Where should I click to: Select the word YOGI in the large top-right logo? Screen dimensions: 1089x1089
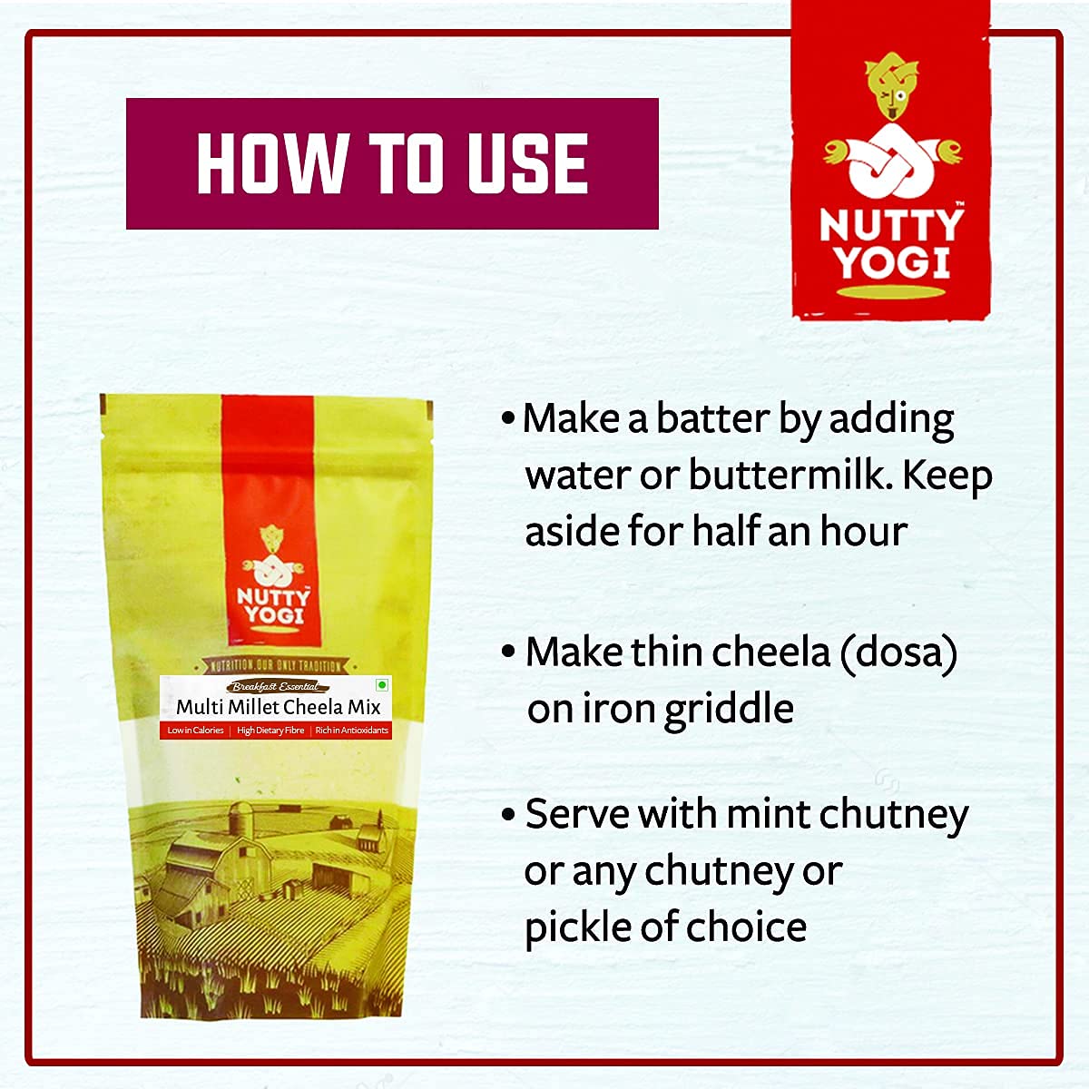891,263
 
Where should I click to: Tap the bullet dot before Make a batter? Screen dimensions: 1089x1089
508,419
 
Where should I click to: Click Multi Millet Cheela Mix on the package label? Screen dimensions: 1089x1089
279,707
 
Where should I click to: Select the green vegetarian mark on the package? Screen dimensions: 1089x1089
382,685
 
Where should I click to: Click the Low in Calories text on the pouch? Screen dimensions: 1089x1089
195,731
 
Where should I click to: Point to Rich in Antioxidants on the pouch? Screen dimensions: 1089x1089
351,731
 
